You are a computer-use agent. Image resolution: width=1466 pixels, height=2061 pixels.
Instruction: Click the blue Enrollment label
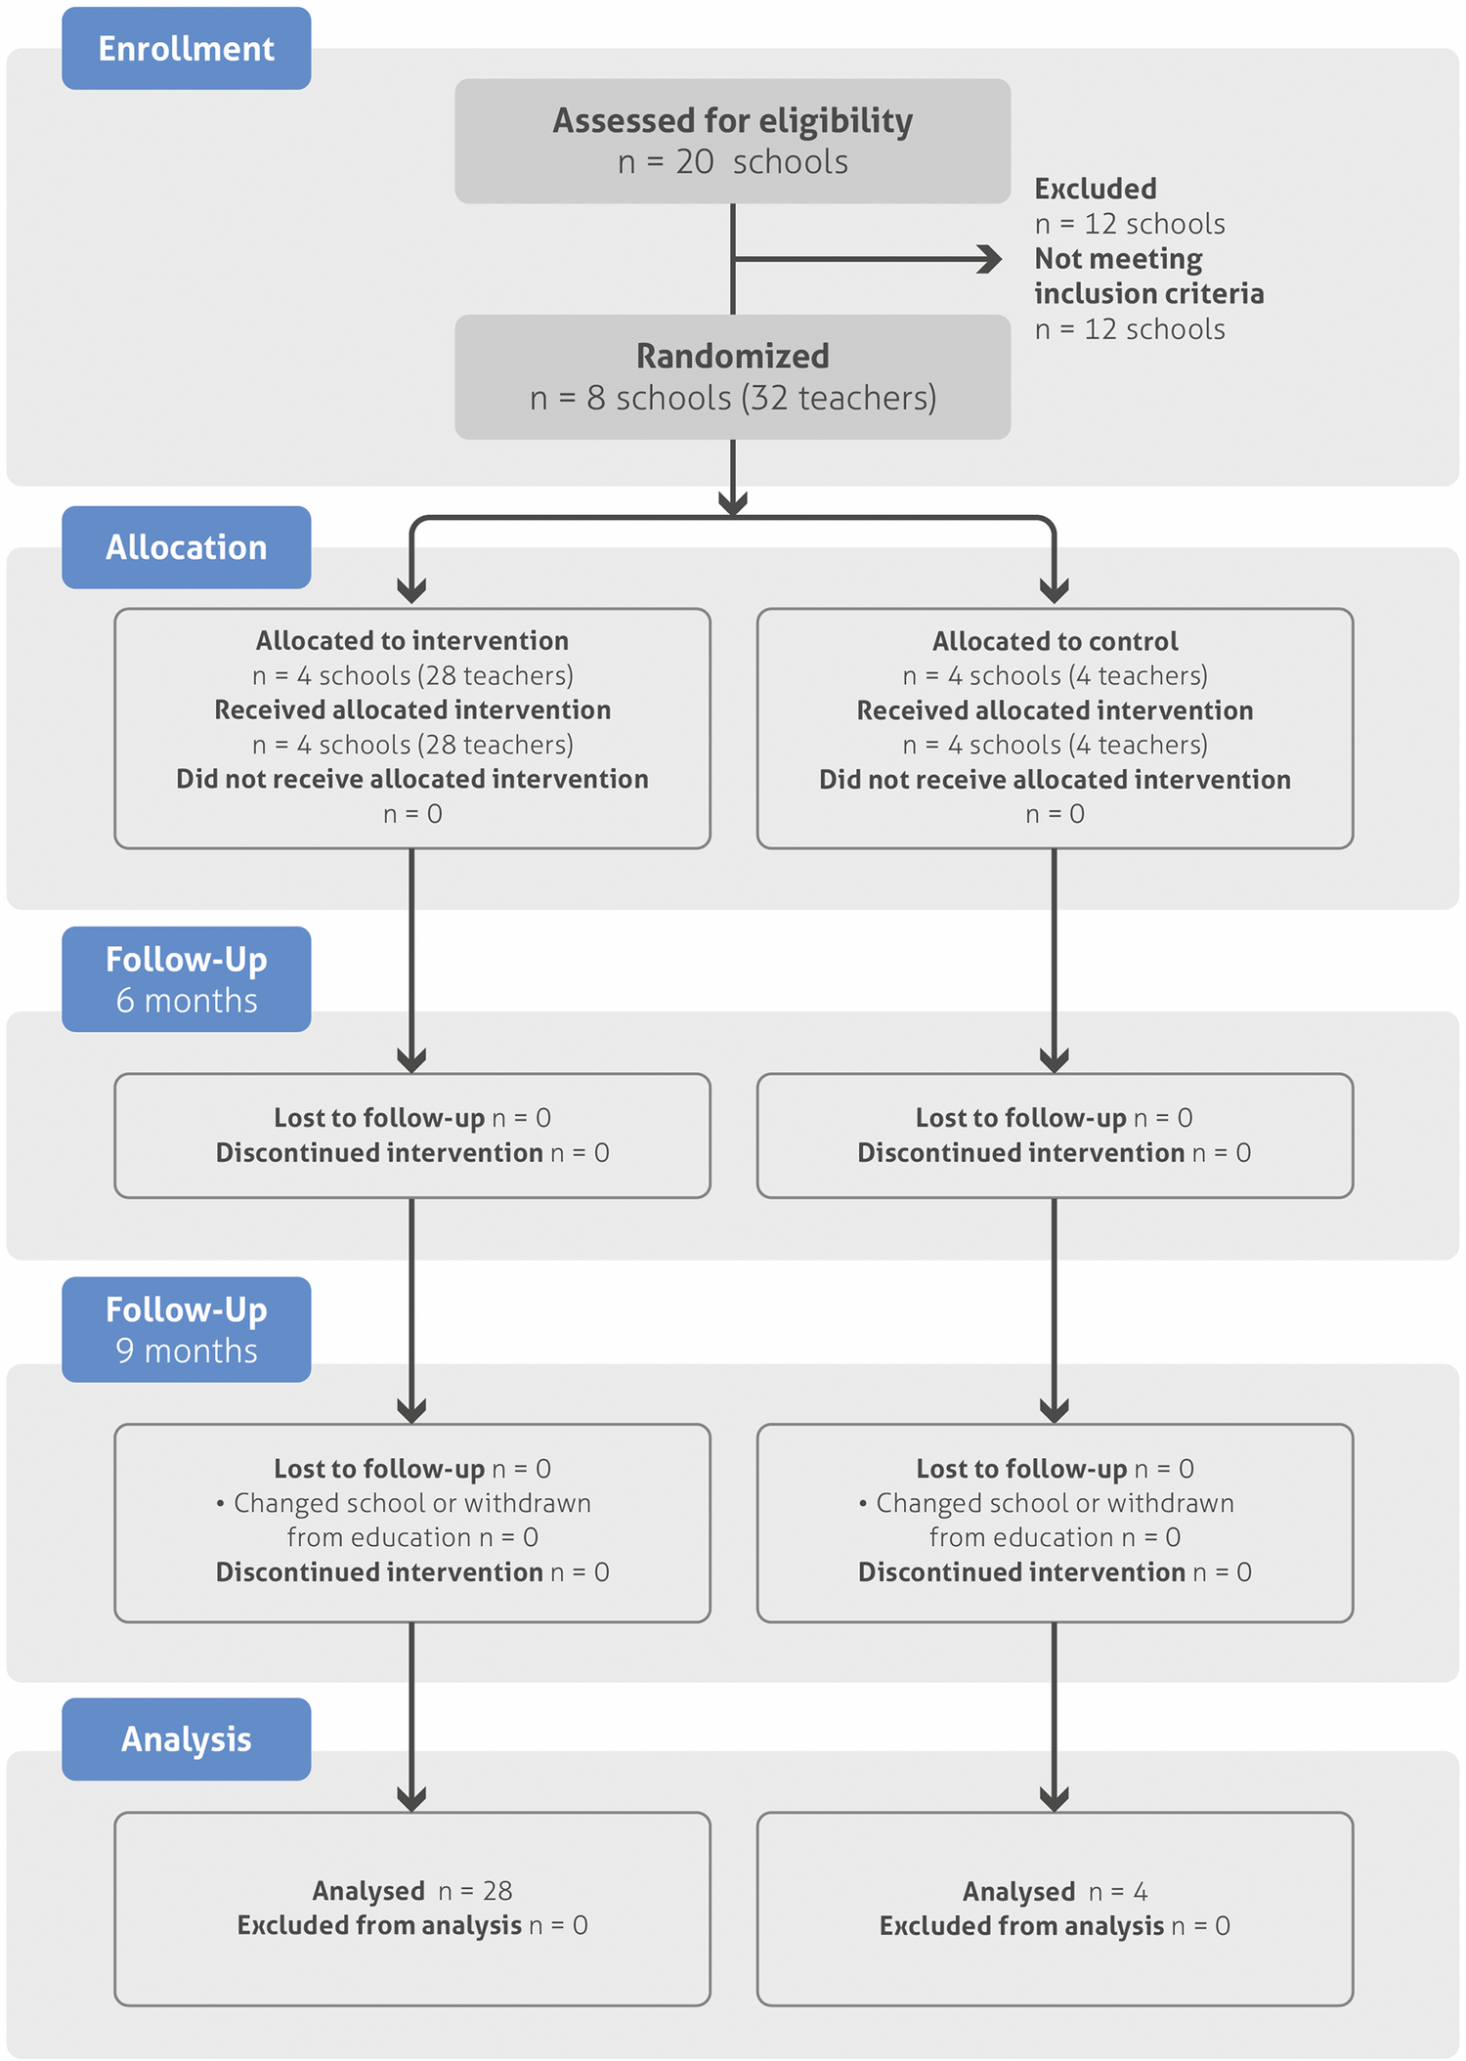pos(186,49)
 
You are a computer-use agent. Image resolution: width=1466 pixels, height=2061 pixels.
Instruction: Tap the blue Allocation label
pos(186,547)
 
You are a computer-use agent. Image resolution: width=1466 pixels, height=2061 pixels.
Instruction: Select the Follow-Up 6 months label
pos(186,979)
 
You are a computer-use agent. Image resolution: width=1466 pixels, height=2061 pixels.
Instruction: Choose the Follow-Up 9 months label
pos(186,1329)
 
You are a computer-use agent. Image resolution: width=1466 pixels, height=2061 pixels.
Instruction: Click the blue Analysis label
pos(186,1739)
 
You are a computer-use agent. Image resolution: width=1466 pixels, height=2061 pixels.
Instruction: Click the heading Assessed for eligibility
pos(732,120)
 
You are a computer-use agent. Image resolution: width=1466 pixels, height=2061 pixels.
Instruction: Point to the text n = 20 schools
pos(732,162)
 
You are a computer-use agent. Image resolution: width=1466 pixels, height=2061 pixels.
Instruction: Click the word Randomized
pos(732,356)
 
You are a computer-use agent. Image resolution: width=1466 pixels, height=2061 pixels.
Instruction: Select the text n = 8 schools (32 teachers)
pos(732,398)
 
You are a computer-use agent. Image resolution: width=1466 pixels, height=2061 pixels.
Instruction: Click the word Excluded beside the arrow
pos(1095,189)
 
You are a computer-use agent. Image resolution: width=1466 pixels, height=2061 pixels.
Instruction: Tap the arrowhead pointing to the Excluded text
pos(991,259)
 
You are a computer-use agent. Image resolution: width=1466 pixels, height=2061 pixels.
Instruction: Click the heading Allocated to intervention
pos(411,641)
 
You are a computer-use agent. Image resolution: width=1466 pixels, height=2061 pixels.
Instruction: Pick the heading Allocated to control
pos(1055,641)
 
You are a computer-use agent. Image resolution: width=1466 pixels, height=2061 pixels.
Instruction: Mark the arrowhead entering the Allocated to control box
pos(1054,590)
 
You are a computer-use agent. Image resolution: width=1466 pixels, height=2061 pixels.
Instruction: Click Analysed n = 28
pos(411,1891)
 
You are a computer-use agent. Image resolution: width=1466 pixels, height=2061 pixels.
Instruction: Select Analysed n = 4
pos(1055,1892)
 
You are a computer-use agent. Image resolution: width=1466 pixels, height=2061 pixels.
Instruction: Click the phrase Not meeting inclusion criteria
pos(1148,277)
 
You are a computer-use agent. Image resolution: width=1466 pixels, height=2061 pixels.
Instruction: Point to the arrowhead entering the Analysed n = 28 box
pos(411,1798)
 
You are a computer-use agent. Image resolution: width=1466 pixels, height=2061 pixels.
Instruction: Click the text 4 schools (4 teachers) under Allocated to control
pos(1055,675)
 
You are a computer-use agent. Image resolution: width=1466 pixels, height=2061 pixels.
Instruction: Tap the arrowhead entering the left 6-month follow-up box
pos(411,1059)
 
